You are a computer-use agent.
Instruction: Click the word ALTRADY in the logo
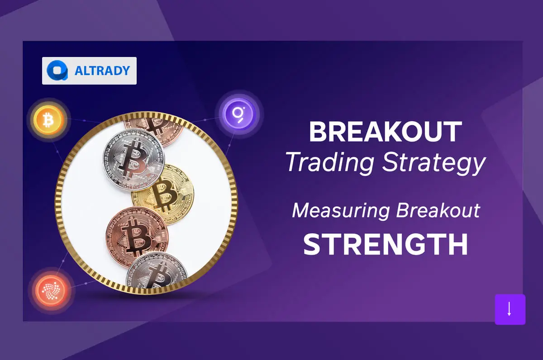[x=102, y=71]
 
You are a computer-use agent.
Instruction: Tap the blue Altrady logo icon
[x=57, y=71]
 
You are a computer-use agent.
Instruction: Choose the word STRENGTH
[x=385, y=245]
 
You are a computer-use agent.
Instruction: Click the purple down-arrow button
[x=510, y=309]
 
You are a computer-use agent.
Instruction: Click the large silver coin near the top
[x=135, y=159]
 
